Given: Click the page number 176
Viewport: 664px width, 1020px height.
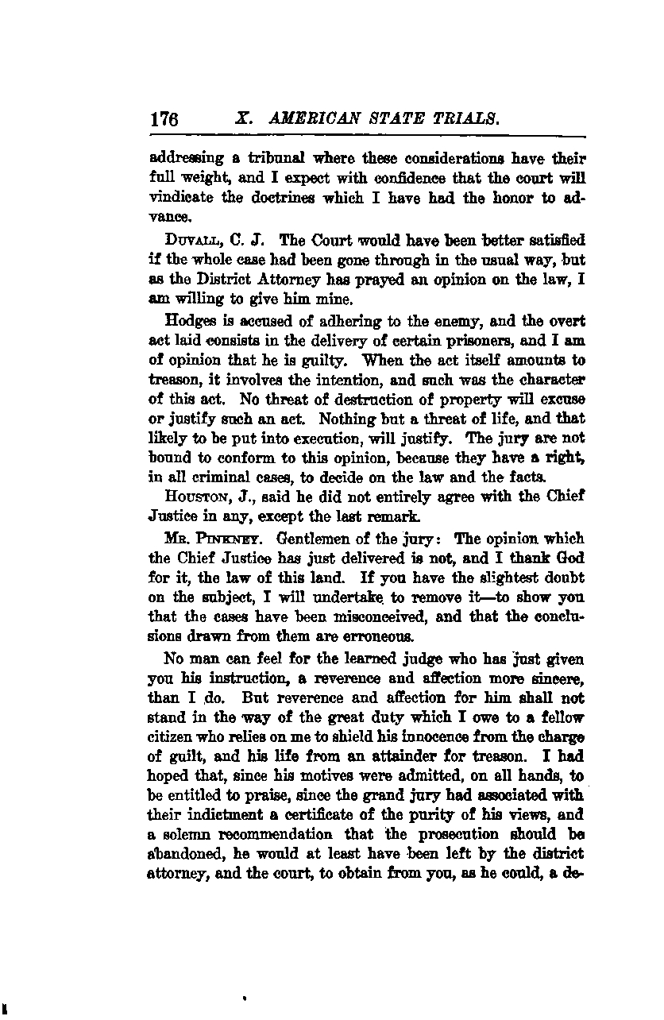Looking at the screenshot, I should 163,120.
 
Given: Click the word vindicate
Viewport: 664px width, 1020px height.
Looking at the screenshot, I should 180,198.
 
